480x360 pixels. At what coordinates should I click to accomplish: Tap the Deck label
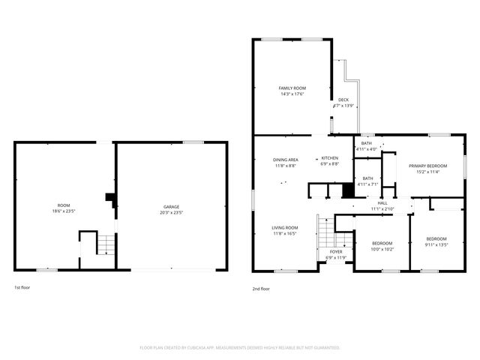point(343,100)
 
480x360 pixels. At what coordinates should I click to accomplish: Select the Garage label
point(172,206)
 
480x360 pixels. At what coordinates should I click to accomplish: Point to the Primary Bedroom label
point(427,165)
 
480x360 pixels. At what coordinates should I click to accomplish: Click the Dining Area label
point(286,159)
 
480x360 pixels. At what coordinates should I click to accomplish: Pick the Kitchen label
point(330,158)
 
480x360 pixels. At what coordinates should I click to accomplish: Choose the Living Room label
point(285,227)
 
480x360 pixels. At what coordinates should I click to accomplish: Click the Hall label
point(382,202)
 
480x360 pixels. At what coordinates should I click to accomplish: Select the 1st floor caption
point(22,287)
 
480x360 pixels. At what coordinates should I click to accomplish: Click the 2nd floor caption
point(260,289)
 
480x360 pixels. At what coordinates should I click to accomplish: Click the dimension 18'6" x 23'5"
point(64,211)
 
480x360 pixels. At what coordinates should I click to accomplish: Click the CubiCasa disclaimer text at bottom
point(240,348)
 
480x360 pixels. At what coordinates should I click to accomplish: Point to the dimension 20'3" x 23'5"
point(172,211)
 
